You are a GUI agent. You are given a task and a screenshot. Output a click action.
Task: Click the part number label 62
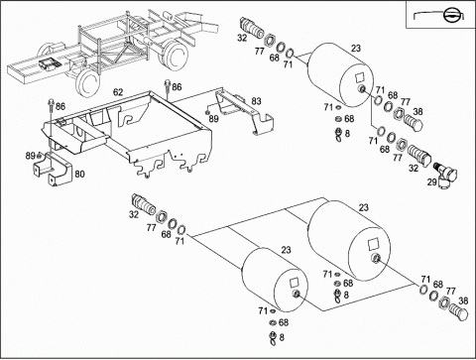[118, 92]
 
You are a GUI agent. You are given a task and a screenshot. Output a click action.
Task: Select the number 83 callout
[256, 101]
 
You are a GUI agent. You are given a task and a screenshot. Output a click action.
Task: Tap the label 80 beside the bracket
[79, 174]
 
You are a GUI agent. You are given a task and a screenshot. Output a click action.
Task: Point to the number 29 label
[431, 181]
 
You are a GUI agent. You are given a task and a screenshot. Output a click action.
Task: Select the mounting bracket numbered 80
[53, 170]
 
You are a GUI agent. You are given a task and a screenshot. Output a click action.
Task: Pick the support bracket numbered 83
[244, 112]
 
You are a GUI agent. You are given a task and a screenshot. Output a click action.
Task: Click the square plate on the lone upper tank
[360, 77]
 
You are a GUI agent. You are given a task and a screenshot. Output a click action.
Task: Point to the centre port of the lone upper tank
[363, 88]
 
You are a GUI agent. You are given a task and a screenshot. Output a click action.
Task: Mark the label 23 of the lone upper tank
[356, 49]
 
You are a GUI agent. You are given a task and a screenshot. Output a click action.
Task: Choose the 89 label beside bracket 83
[214, 119]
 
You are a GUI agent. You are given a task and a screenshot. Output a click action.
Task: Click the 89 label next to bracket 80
[31, 156]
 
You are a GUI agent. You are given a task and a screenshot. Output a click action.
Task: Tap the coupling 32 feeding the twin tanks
[144, 204]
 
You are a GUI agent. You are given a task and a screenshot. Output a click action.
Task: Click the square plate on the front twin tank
[294, 282]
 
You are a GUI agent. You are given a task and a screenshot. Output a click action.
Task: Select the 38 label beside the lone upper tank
[417, 112]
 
